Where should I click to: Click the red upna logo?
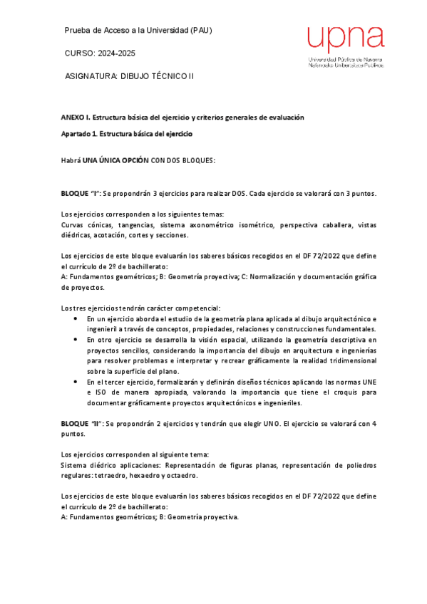[344, 40]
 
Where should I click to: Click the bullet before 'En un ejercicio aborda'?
[76, 319]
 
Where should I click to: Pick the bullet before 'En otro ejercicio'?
[76, 340]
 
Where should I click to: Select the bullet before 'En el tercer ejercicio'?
[76, 382]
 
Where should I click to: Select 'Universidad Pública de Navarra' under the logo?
[345, 59]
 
